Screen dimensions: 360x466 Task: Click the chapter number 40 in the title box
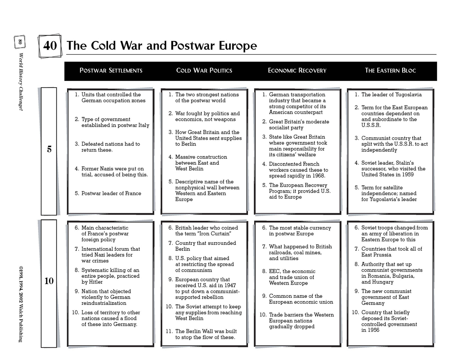click(x=50, y=46)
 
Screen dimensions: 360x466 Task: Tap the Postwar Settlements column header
click(x=111, y=71)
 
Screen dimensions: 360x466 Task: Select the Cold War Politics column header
click(x=204, y=71)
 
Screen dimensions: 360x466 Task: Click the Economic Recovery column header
click(x=297, y=71)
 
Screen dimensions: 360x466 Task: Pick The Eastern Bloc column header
click(x=390, y=71)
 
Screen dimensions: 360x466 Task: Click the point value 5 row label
click(x=49, y=149)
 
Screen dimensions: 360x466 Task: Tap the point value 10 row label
click(x=49, y=281)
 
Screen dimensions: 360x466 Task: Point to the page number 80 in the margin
click(x=20, y=42)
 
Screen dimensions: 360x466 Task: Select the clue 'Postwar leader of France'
click(x=111, y=193)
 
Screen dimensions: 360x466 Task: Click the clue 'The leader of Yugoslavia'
click(x=391, y=95)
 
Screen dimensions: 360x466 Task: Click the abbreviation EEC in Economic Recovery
click(x=274, y=271)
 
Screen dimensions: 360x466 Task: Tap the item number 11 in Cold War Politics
click(x=169, y=331)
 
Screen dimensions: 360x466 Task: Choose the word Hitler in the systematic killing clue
click(x=96, y=282)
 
